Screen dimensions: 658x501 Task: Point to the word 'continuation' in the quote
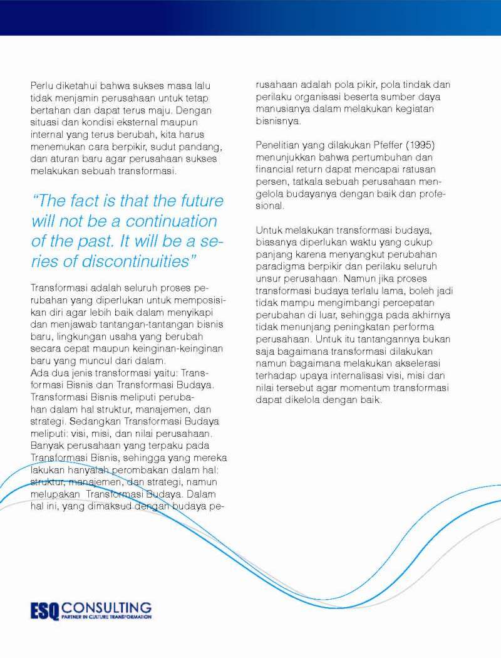[x=171, y=221]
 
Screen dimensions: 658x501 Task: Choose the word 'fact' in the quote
[x=86, y=201]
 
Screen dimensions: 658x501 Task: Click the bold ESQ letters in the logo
[x=44, y=610]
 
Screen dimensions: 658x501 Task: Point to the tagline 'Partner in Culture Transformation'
[x=106, y=617]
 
